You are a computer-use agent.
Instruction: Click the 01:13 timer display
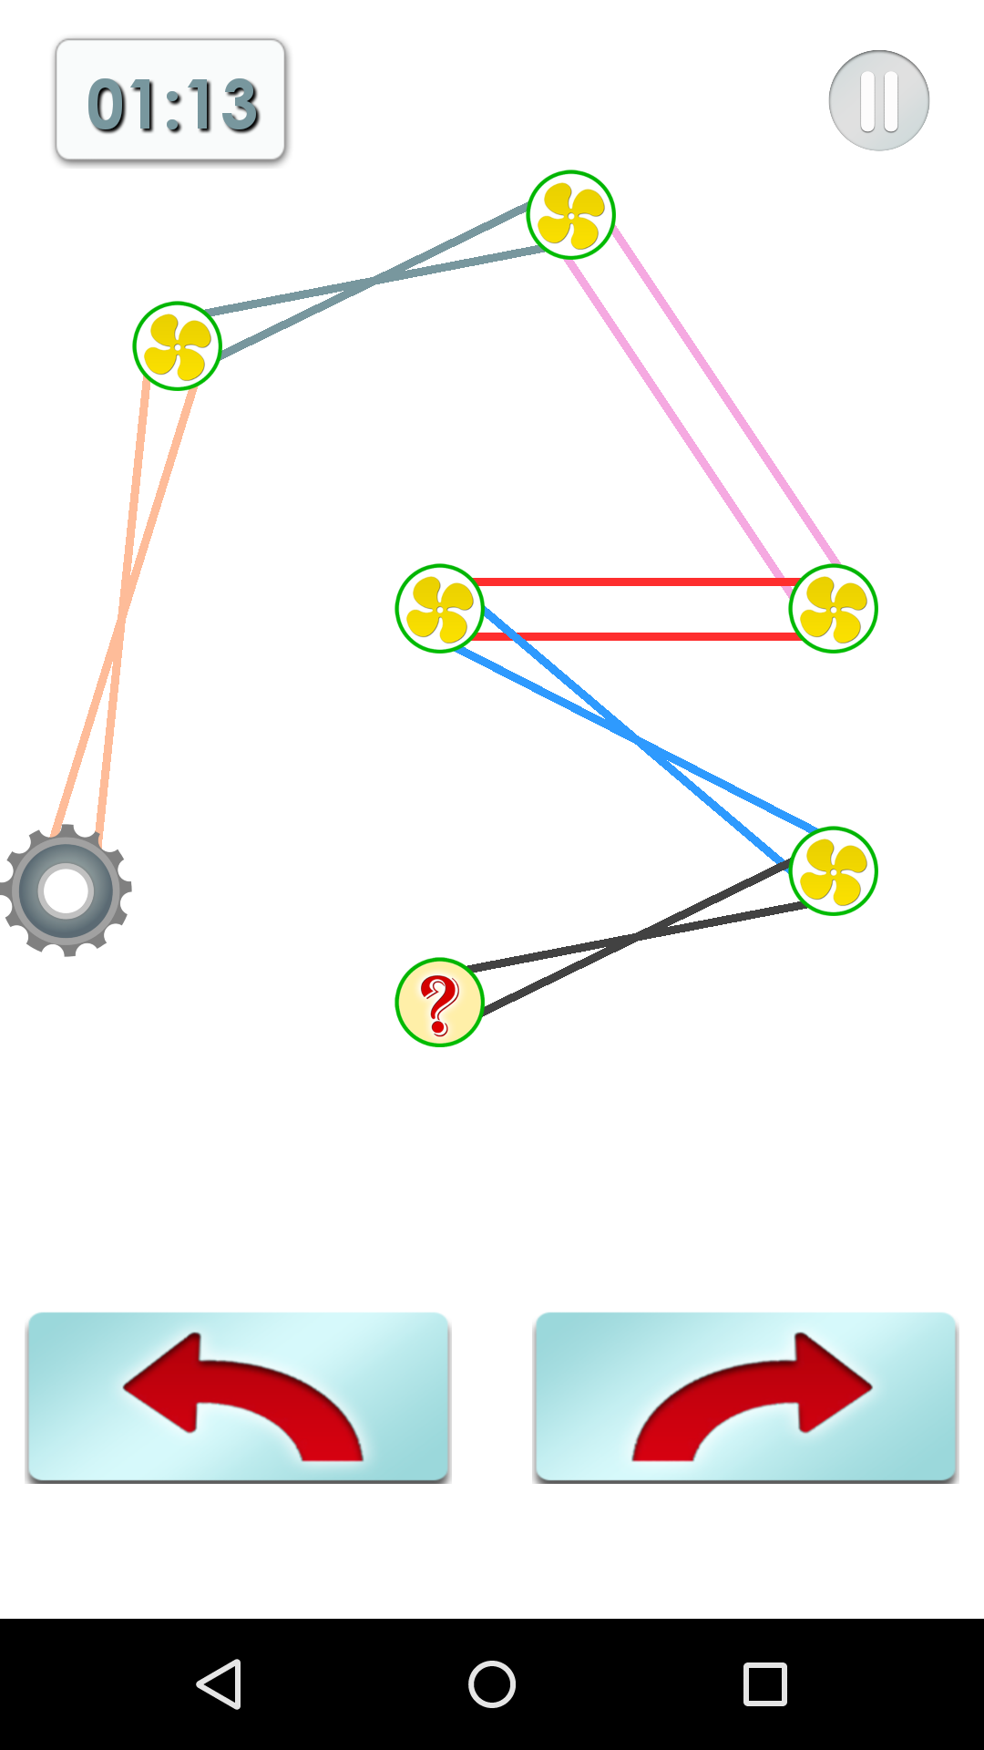170,101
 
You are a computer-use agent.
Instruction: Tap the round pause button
878,100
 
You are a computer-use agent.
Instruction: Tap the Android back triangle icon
220,1683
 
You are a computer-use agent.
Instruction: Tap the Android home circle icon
492,1683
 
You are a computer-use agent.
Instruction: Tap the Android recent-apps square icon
764,1683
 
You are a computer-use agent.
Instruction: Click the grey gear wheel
66,890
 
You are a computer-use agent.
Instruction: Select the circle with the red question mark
439,1002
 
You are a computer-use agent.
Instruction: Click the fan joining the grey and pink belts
571,215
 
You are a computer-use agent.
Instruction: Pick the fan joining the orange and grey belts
178,346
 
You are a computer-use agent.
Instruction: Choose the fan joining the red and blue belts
439,608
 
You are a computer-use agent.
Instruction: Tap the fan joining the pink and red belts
833,608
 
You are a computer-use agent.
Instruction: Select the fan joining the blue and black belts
833,870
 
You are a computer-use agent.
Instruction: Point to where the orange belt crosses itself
120,620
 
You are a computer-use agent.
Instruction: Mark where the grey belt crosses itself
374,281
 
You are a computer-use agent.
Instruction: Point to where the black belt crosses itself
638,936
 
